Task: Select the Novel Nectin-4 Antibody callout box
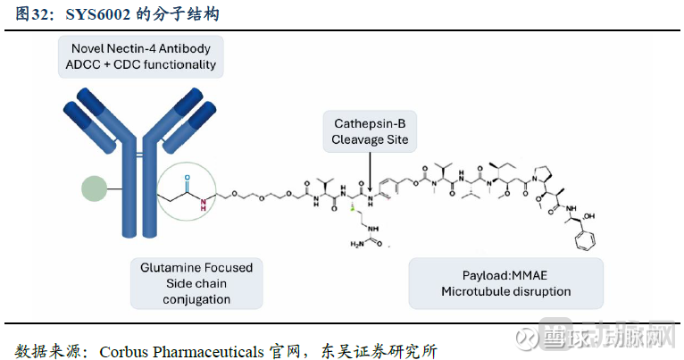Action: click(140, 55)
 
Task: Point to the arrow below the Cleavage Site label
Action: click(369, 170)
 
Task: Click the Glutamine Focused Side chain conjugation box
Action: click(196, 282)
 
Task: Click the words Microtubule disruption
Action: click(505, 291)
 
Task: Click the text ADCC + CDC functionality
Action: click(140, 64)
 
